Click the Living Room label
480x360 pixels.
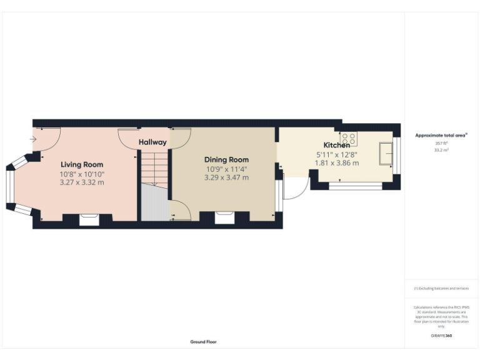click(82, 164)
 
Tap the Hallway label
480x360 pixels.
click(153, 142)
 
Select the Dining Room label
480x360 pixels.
click(226, 159)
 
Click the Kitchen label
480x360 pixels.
click(336, 145)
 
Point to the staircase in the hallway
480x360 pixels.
click(154, 168)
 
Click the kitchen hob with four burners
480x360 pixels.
click(349, 139)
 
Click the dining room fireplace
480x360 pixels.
click(224, 218)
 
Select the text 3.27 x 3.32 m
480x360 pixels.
click(82, 182)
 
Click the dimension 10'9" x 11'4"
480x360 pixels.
click(226, 169)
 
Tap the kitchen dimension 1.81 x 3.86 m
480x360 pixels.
click(336, 163)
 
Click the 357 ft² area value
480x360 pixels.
click(441, 143)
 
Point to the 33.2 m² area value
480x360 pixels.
click(441, 149)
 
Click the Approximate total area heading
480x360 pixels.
click(441, 135)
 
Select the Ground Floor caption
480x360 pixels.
click(204, 342)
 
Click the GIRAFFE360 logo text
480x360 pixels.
click(441, 336)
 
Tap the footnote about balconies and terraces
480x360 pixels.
click(441, 289)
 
